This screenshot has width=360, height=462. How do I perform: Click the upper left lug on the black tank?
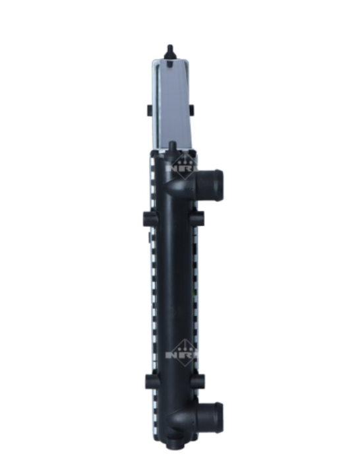148,217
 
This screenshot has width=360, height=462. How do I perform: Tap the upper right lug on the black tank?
198,217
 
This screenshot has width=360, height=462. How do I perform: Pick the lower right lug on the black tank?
198,381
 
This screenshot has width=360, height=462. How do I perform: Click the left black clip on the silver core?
149,110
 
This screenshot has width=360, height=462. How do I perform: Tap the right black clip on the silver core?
192,110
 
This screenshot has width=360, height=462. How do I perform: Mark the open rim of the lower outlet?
220,414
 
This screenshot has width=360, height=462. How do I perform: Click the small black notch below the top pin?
170,64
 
